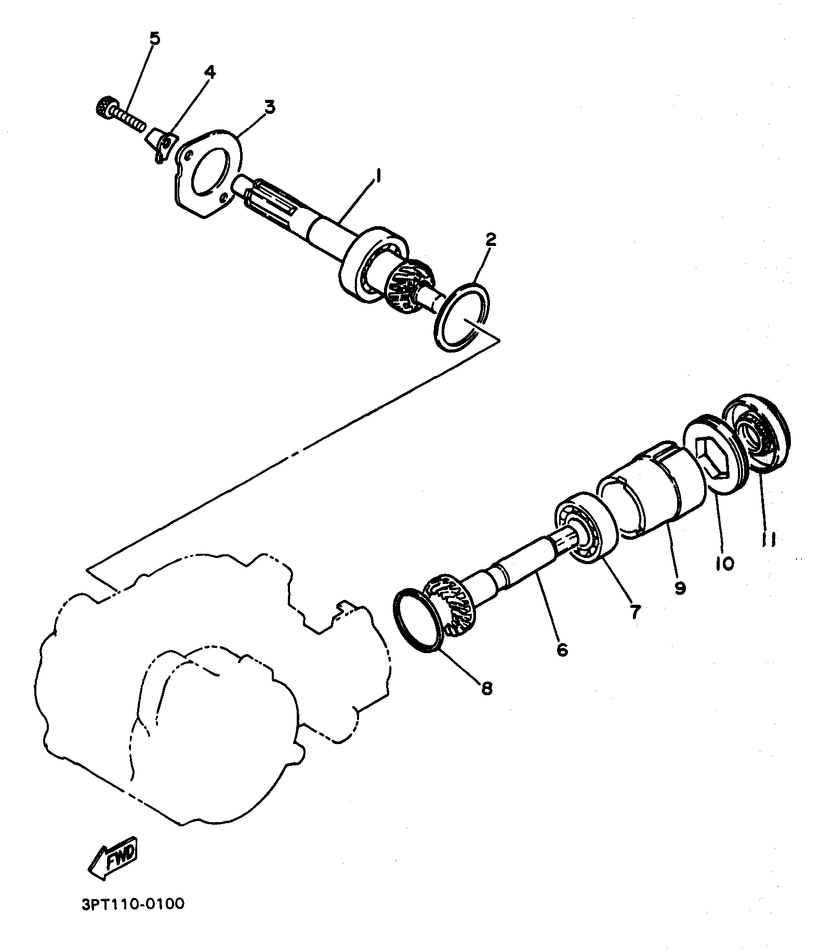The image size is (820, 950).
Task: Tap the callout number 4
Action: [209, 72]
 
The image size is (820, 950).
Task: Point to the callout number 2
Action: [491, 240]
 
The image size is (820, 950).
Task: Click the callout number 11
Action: [769, 541]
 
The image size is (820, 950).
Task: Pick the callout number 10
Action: [724, 563]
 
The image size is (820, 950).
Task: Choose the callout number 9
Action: [680, 587]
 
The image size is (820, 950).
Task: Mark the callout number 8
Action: [486, 688]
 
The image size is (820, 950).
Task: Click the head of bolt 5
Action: [105, 107]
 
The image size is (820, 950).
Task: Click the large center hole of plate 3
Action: [210, 171]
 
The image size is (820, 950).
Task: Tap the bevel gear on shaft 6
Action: [449, 604]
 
